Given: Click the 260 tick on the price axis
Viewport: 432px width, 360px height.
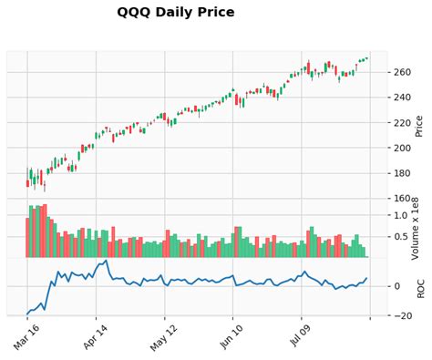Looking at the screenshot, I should tap(402, 72).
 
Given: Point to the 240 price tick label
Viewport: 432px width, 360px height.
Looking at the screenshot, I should tap(402, 98).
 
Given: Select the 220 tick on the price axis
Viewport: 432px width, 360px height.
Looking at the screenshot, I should tap(402, 123).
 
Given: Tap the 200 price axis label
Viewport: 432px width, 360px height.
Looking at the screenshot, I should tap(402, 148).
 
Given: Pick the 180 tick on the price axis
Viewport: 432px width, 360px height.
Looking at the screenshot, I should tap(402, 173).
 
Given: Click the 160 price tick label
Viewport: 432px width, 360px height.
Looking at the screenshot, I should tap(402, 198).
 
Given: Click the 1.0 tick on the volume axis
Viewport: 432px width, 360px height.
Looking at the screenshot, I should tap(399, 215).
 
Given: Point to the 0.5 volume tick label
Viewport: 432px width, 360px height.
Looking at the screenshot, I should tap(399, 237).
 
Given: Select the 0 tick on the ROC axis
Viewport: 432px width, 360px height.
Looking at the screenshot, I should tap(396, 286).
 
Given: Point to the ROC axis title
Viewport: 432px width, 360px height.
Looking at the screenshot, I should tap(420, 287).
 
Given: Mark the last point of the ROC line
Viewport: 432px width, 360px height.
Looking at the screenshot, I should tap(367, 279).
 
